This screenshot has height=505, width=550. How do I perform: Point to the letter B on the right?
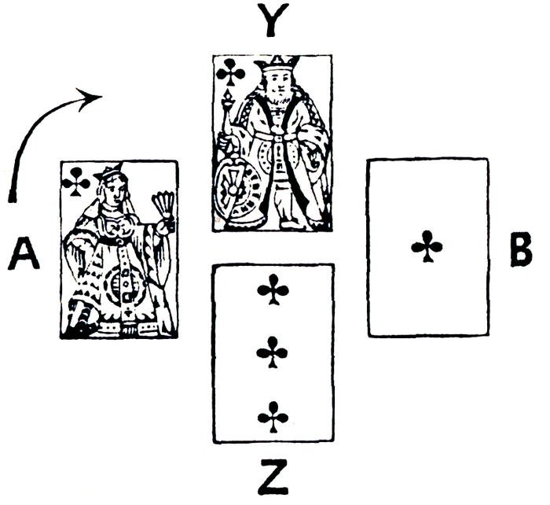(x=520, y=250)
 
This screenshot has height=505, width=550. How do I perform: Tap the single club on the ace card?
(x=427, y=246)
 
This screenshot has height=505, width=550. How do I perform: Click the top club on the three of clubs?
(x=272, y=291)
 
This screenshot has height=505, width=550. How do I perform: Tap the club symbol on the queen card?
(x=76, y=182)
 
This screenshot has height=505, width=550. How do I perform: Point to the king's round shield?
(x=235, y=190)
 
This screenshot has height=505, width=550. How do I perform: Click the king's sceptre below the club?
(x=227, y=118)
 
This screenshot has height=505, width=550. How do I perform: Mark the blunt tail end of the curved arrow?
(x=13, y=194)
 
